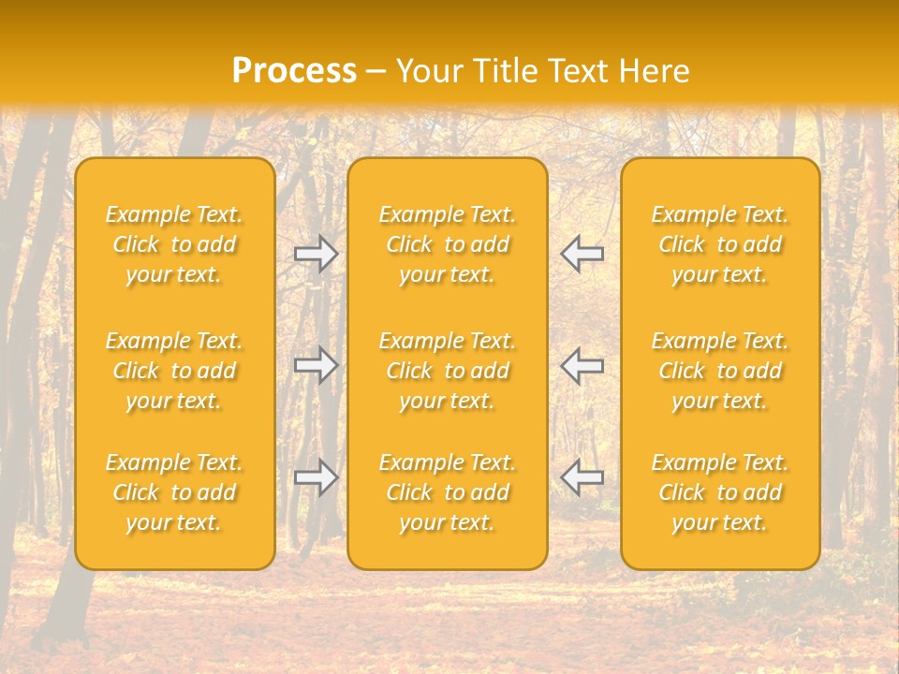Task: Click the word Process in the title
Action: pyautogui.click(x=294, y=71)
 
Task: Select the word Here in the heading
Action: pyautogui.click(x=655, y=71)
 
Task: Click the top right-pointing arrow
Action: pyautogui.click(x=317, y=254)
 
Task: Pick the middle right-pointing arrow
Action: pyautogui.click(x=317, y=365)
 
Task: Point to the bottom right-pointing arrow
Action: pyautogui.click(x=317, y=477)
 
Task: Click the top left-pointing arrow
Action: pyautogui.click(x=582, y=254)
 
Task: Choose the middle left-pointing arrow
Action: pyautogui.click(x=582, y=365)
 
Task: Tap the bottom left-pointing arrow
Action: pyautogui.click(x=582, y=477)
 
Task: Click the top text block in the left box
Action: pyautogui.click(x=174, y=244)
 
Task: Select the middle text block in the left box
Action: pyautogui.click(x=174, y=371)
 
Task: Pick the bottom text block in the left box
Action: pyautogui.click(x=174, y=492)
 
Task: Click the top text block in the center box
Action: pyautogui.click(x=448, y=244)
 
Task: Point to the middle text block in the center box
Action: pyautogui.click(x=448, y=371)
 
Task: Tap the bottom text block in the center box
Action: pyautogui.click(x=448, y=492)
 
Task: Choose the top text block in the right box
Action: pyautogui.click(x=720, y=244)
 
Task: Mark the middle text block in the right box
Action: pyautogui.click(x=720, y=371)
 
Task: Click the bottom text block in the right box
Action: pyautogui.click(x=720, y=492)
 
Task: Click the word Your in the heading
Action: pyautogui.click(x=427, y=71)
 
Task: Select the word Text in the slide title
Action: pyautogui.click(x=576, y=71)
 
